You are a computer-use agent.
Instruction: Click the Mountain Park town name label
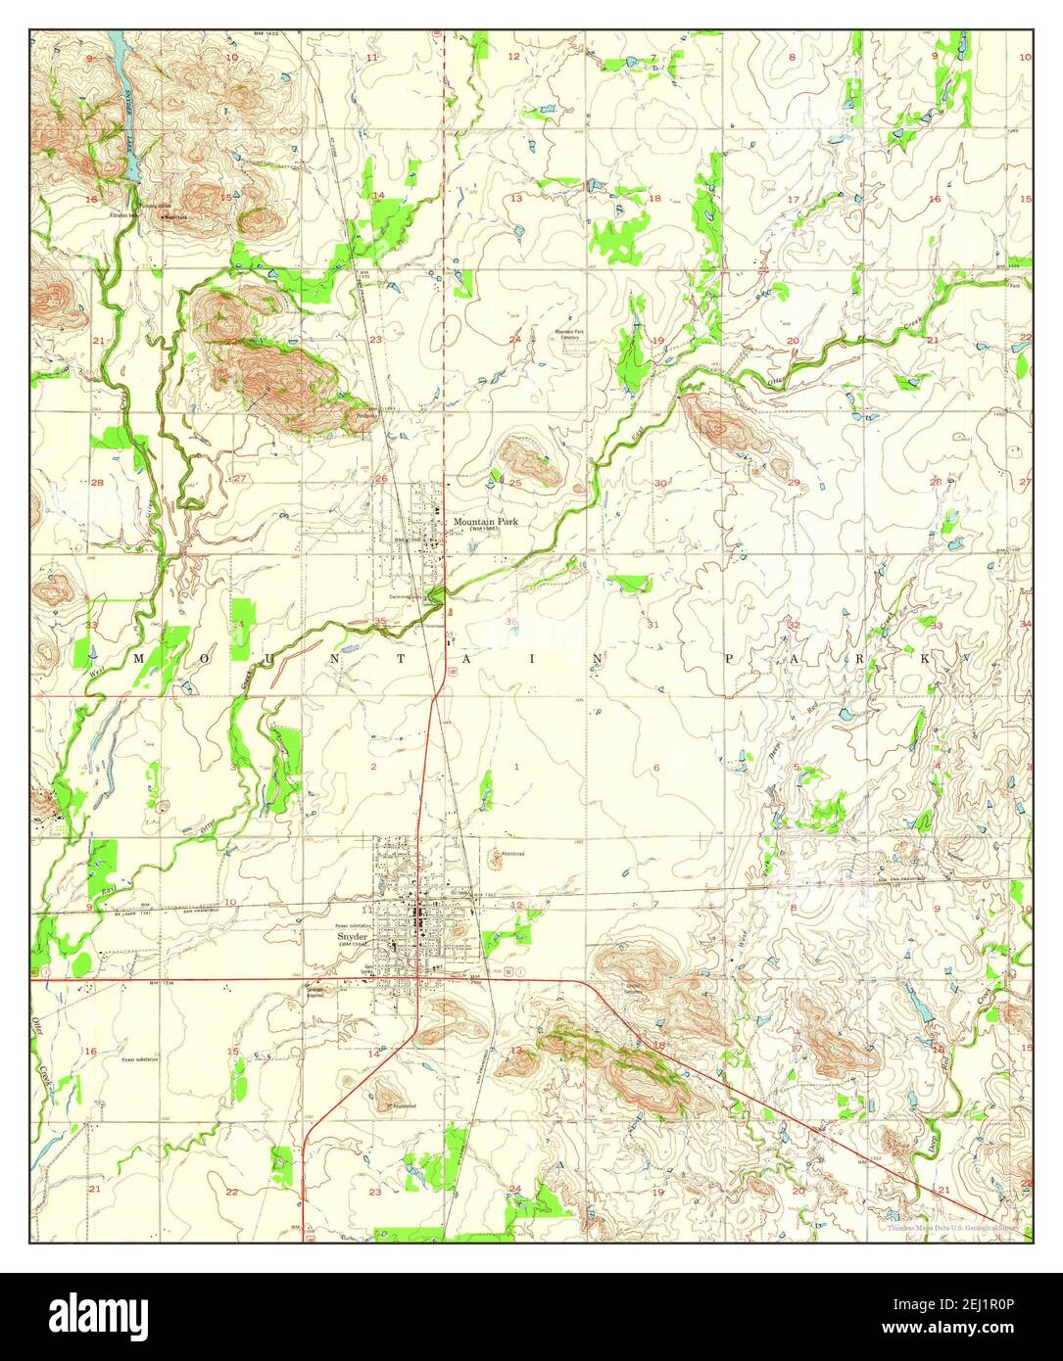coord(485,522)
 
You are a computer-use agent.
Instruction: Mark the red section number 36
coord(510,622)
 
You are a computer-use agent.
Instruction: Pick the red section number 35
coord(380,621)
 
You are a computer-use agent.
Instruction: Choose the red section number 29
coord(794,482)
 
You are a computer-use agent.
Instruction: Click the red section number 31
coord(652,624)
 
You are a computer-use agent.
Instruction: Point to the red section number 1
coord(516,766)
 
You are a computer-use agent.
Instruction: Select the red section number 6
coord(656,767)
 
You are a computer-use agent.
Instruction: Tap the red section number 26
coord(381,478)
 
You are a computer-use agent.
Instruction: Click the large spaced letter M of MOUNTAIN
coord(138,660)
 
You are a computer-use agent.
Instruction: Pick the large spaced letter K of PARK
coord(925,660)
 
